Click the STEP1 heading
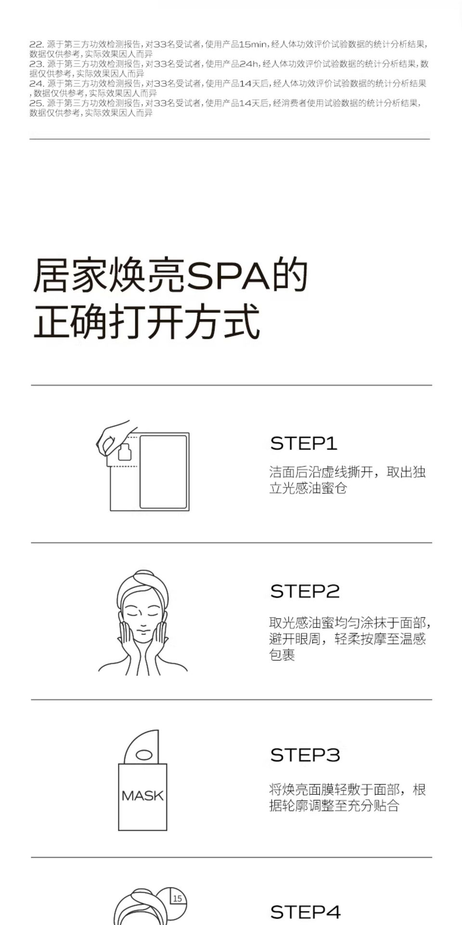303,443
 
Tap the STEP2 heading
305,591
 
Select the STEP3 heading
305,755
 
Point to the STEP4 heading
305,912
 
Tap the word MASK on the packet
142,795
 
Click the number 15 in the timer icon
177,899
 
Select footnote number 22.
36,44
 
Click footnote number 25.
36,103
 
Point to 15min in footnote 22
253,44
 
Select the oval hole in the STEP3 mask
144,755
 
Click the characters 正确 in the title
71,321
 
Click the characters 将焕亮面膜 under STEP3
302,790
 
